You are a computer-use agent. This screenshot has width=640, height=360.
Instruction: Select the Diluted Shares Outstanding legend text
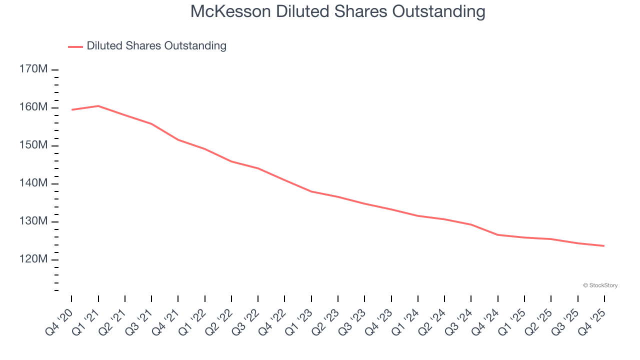click(x=156, y=46)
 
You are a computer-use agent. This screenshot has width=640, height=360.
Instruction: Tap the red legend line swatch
click(x=75, y=46)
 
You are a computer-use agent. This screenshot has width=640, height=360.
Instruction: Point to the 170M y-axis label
click(x=33, y=69)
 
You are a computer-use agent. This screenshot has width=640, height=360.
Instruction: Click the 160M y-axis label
click(x=33, y=107)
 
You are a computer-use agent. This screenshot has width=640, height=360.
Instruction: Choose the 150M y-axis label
click(x=33, y=145)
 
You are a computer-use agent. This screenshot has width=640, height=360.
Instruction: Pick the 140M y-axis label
click(x=33, y=183)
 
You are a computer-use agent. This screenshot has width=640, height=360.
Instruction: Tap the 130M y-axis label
click(x=33, y=221)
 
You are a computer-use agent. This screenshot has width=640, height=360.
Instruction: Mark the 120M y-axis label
click(x=33, y=259)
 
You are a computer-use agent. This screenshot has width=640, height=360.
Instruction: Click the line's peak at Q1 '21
click(x=98, y=106)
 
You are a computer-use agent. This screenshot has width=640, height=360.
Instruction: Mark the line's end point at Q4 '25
click(x=604, y=245)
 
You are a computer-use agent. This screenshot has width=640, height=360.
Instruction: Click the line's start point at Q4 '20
click(x=71, y=109)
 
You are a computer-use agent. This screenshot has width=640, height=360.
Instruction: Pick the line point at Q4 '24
click(x=498, y=234)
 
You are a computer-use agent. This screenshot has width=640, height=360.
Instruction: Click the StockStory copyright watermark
click(x=600, y=285)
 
